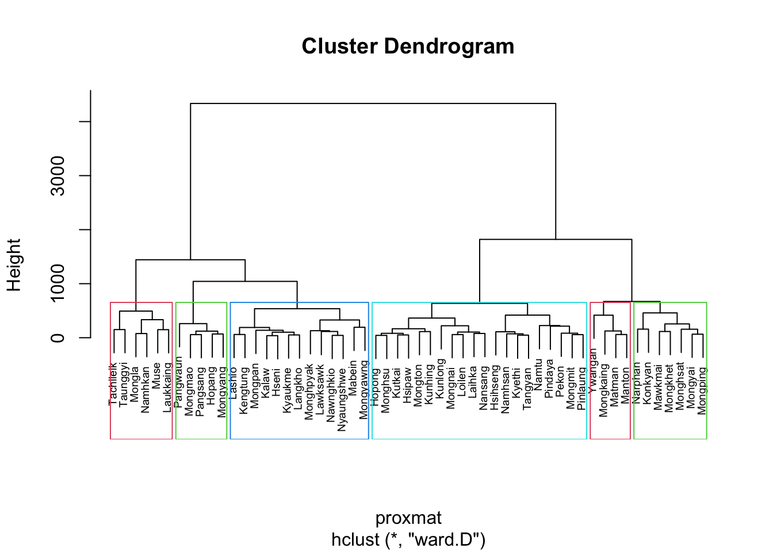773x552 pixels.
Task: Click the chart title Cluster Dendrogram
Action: [x=408, y=47]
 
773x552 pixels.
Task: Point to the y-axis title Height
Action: [x=14, y=265]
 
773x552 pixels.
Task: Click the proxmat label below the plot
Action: [x=408, y=518]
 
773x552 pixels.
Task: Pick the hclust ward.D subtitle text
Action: [x=408, y=540]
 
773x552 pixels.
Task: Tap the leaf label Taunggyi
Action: [x=124, y=384]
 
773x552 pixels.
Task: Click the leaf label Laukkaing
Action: [x=168, y=387]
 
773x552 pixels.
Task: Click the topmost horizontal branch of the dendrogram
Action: [x=373, y=103]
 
